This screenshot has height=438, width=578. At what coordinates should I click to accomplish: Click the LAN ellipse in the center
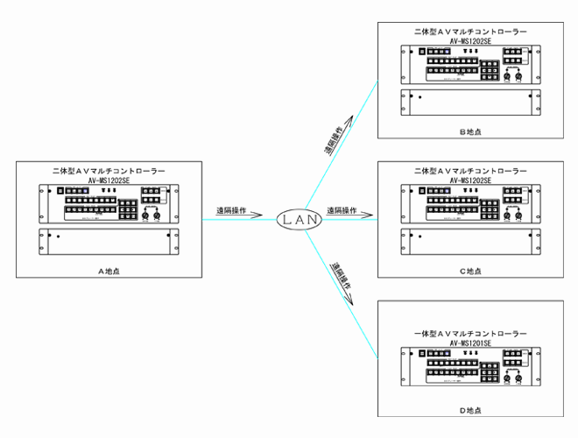[x=299, y=220]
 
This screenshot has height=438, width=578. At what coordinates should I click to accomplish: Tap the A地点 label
[x=109, y=270]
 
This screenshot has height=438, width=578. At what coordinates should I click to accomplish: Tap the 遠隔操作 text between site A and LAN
[x=231, y=211]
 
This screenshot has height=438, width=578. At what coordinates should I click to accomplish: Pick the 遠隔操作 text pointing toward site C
[x=342, y=211]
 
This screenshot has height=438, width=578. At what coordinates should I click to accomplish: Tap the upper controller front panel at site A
[x=109, y=205]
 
